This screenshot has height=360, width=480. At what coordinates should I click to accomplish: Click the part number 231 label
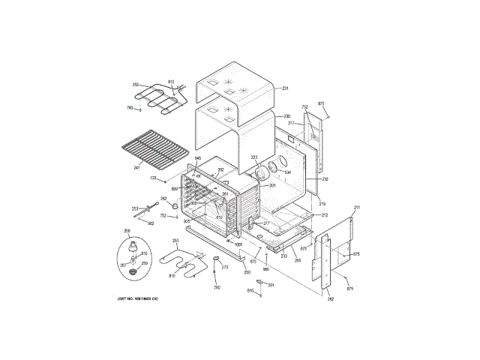[286, 89]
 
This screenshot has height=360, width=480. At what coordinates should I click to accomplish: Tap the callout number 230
[286, 117]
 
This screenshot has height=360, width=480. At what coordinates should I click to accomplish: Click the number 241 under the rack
[137, 167]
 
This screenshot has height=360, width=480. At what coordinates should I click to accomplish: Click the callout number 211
[357, 207]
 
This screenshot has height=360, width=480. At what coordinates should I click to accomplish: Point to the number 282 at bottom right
[330, 300]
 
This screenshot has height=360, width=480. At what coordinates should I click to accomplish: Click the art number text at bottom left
[142, 299]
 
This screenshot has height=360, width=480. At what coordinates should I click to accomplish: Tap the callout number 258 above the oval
[127, 231]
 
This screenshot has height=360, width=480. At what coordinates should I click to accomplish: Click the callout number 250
[247, 272]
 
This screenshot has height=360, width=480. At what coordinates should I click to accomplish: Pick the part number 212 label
[325, 215]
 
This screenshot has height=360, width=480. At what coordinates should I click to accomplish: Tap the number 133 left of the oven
[153, 178]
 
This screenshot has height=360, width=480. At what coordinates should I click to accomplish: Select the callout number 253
[136, 209]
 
